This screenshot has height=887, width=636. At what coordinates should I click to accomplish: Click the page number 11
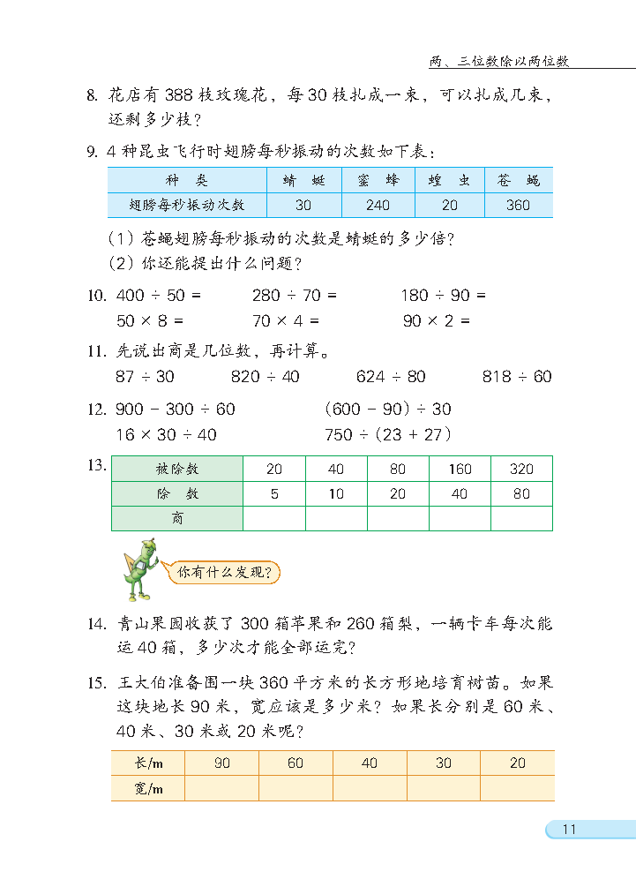click(x=568, y=829)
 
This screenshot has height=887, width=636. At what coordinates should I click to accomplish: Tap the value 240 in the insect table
click(x=378, y=205)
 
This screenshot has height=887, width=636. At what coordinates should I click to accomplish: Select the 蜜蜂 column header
click(x=378, y=180)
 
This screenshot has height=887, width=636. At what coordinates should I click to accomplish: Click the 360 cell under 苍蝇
click(x=519, y=205)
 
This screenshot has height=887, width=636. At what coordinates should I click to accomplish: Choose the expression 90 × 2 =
click(x=437, y=321)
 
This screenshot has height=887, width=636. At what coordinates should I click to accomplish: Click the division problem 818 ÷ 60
click(x=517, y=377)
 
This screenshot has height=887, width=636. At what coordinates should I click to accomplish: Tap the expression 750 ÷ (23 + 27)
click(x=388, y=434)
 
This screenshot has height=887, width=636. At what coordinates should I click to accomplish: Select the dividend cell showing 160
click(x=460, y=470)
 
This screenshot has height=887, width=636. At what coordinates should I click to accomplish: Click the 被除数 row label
click(x=177, y=470)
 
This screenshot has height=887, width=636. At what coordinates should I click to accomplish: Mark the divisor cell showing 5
click(x=274, y=494)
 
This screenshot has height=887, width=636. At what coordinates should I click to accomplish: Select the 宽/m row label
click(x=148, y=788)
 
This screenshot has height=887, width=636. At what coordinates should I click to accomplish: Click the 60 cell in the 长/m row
click(x=296, y=763)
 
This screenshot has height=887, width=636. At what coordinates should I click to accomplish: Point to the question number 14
click(x=97, y=624)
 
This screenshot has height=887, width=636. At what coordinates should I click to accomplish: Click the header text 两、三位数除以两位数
click(x=499, y=62)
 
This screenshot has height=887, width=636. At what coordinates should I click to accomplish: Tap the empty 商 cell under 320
click(x=521, y=519)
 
